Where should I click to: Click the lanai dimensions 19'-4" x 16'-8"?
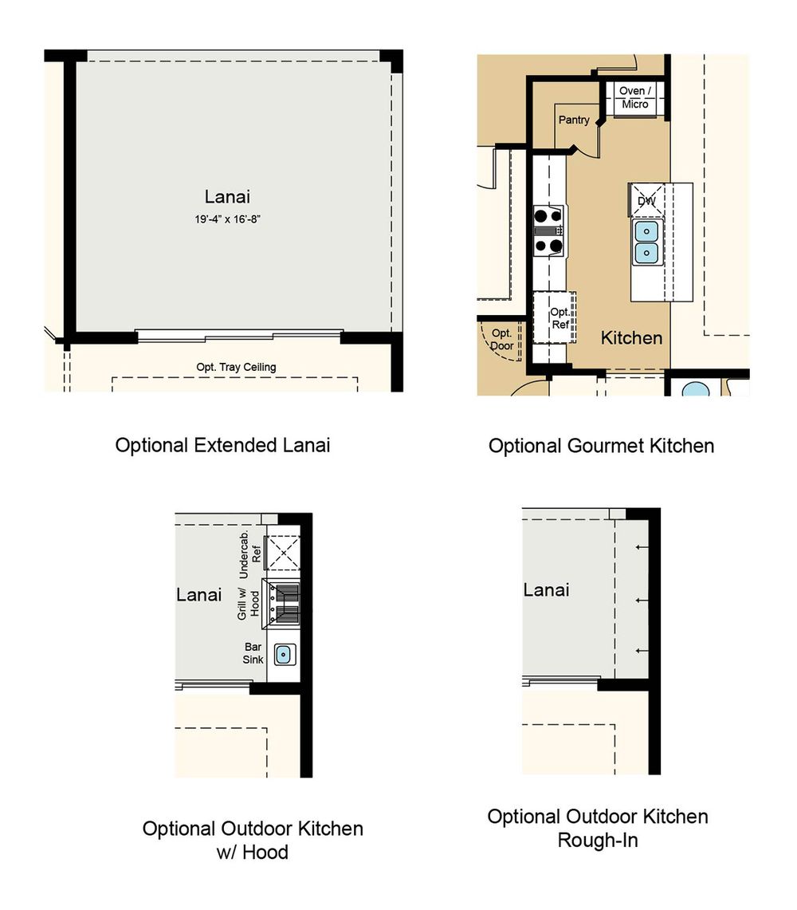[x=227, y=219]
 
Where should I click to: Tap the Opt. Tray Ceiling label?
[x=236, y=367]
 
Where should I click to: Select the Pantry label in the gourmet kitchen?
[x=574, y=120]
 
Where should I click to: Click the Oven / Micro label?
[x=634, y=97]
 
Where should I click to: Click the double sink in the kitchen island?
[x=646, y=242]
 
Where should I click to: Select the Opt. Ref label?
[x=560, y=318]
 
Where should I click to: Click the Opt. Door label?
[x=502, y=340]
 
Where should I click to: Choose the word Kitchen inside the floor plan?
[x=631, y=338]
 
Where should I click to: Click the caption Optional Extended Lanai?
[x=222, y=445]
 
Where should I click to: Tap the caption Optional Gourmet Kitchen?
[x=601, y=446]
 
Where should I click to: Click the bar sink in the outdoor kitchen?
[x=285, y=655]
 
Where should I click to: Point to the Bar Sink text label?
[x=253, y=653]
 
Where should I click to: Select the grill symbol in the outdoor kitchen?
[x=281, y=604]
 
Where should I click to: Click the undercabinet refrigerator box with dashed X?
[x=283, y=552]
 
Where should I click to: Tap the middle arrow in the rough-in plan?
[x=642, y=600]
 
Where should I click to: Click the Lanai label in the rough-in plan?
[x=546, y=589]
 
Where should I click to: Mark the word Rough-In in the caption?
[x=598, y=840]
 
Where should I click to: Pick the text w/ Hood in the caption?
[x=253, y=852]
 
